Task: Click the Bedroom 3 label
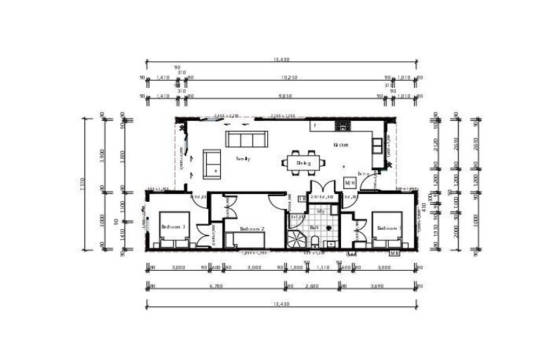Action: [173, 226]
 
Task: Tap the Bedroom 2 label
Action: [252, 229]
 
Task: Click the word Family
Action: [243, 159]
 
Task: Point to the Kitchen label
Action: [341, 144]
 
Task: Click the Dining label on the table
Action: [304, 163]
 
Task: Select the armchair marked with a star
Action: [212, 162]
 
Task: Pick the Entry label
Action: [364, 173]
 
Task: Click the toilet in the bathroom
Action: [317, 243]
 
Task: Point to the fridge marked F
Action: [316, 126]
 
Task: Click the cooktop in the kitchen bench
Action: [343, 126]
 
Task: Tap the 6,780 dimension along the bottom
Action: [216, 286]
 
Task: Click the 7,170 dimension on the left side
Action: [86, 184]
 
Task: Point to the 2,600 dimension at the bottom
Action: [314, 286]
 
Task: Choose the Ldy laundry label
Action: [321, 210]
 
